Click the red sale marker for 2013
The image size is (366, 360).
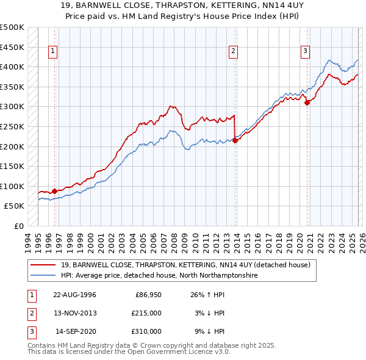point(235,140)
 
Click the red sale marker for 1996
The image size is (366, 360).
point(54,191)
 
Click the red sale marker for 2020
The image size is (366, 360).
point(307,103)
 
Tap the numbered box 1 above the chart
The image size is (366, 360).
point(54,52)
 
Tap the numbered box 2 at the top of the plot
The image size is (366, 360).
point(233,52)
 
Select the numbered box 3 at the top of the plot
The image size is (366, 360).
point(304,52)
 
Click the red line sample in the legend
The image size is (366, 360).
point(43,265)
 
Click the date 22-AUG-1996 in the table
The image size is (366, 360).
point(74,295)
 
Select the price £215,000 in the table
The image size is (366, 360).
point(146,313)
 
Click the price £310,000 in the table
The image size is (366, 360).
point(146,331)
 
